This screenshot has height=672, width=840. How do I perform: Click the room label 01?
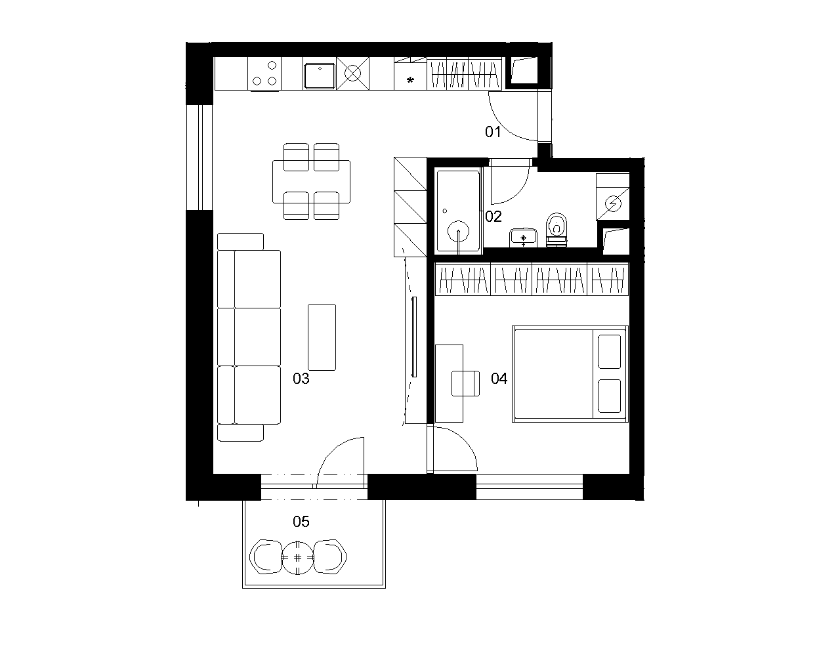click(493, 132)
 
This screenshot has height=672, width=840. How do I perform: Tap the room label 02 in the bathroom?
click(493, 217)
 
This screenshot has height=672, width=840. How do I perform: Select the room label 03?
click(301, 379)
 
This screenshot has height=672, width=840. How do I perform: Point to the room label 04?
click(499, 379)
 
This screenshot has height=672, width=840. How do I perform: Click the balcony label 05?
click(301, 522)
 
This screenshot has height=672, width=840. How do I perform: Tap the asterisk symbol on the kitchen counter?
click(410, 81)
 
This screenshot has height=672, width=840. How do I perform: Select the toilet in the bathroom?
click(556, 230)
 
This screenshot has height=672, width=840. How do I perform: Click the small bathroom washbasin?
click(523, 238)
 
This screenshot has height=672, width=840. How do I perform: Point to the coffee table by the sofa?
click(322, 337)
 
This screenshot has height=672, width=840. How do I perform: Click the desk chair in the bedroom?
click(465, 383)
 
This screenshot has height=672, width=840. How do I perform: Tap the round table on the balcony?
click(297, 558)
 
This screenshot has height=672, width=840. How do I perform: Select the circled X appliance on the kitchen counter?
click(352, 73)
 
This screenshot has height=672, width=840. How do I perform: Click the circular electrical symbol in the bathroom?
click(613, 203)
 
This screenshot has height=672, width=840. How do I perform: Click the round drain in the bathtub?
click(458, 231)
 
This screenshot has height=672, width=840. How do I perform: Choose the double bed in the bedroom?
click(570, 374)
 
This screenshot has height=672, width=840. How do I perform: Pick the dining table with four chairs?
click(311, 182)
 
